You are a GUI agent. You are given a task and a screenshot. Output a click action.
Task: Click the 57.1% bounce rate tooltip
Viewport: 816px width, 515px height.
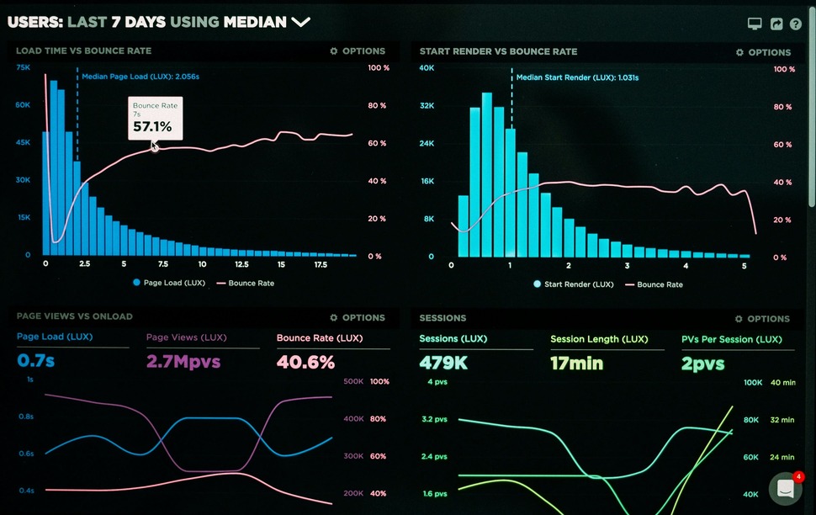coord(155,119)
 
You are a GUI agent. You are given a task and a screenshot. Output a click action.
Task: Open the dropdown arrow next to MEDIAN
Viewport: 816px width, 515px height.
coord(300,22)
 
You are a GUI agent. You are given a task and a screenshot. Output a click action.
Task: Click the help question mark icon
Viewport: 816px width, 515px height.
coord(795,24)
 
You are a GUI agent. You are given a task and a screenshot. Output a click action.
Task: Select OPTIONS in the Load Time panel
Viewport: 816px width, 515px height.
coord(358,51)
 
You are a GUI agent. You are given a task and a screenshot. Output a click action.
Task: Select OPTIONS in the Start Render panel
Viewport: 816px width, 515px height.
coord(763,52)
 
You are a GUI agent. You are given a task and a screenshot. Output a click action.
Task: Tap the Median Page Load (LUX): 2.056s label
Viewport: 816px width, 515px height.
coord(140,77)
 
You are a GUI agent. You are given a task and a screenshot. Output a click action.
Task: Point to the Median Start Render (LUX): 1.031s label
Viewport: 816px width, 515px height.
coord(577,77)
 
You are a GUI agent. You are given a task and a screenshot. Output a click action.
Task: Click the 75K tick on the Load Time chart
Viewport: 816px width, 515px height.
coord(23,67)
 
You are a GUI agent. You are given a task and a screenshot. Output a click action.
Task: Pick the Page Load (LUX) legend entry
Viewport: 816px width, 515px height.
coord(168,284)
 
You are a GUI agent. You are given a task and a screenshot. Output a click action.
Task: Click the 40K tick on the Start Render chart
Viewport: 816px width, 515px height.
coord(427,68)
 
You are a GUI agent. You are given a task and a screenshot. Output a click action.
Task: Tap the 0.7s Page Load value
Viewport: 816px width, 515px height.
coord(35,362)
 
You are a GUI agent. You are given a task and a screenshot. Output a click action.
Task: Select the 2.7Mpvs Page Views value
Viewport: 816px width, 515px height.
coord(183,362)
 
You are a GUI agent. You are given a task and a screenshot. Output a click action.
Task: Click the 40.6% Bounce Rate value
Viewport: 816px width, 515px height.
coord(305,362)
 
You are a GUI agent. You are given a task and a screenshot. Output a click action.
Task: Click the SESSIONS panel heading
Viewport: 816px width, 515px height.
coord(442,318)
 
